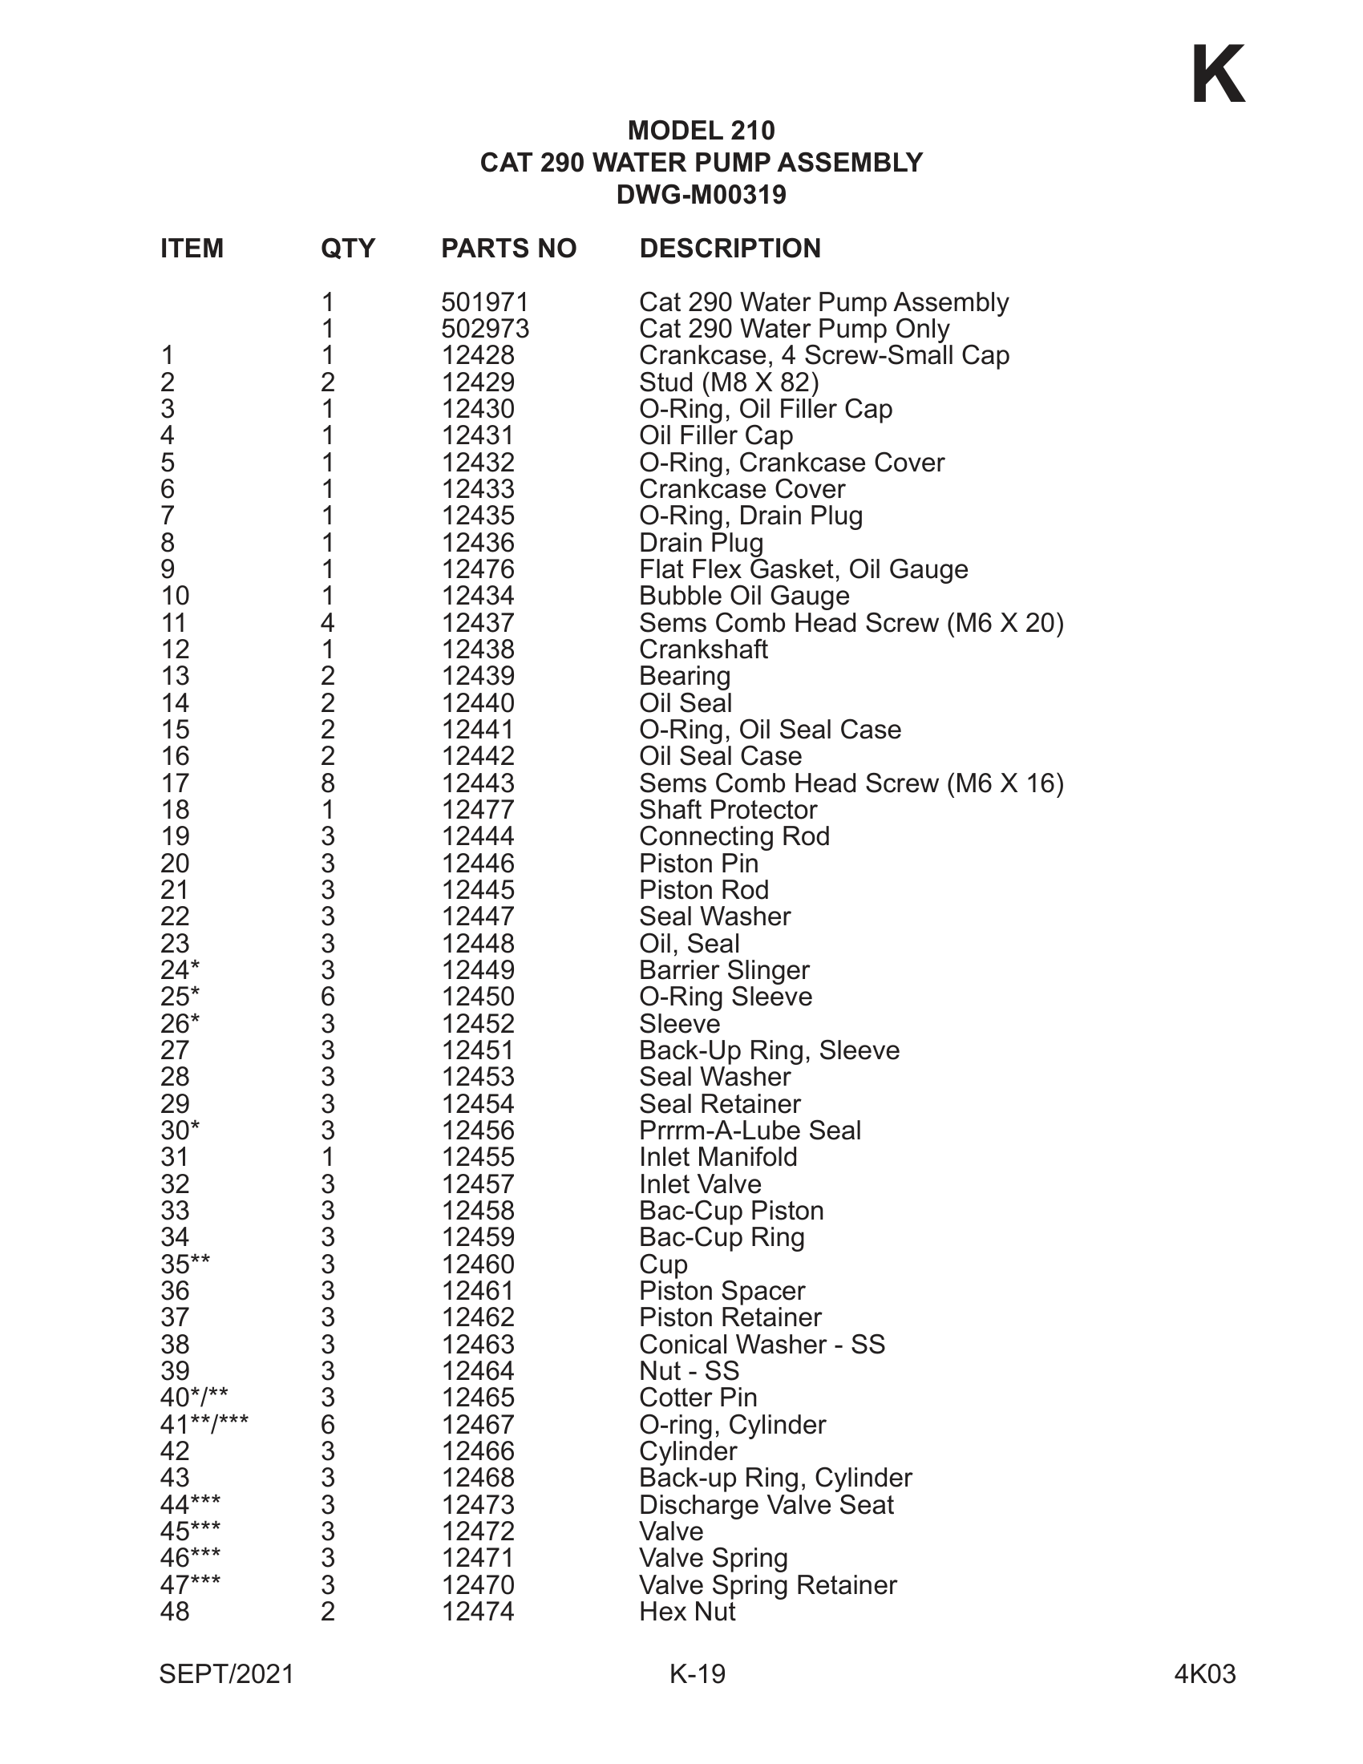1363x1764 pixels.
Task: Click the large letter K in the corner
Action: pos(1218,76)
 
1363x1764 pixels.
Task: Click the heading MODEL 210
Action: pos(701,131)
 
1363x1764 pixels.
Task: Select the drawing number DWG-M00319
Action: pos(701,196)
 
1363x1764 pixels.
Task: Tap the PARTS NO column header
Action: pos(508,249)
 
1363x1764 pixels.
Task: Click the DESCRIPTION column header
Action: pos(730,249)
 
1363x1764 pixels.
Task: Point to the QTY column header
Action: pos(348,249)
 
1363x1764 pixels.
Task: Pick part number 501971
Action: pos(484,303)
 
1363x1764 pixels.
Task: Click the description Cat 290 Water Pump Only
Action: pos(794,330)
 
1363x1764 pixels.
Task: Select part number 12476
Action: pos(478,569)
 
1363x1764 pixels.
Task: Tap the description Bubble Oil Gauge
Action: pos(744,596)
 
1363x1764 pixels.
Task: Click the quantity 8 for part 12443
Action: pos(328,783)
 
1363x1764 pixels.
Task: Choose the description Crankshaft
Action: pos(703,649)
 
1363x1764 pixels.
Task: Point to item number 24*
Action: pos(180,970)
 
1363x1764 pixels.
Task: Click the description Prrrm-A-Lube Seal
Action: pos(750,1131)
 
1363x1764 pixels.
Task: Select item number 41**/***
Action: pos(204,1425)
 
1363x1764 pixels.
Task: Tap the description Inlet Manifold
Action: pos(718,1157)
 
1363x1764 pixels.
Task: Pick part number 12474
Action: pos(478,1612)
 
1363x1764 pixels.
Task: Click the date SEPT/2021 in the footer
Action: pos(226,1674)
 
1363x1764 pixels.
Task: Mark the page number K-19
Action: pos(698,1674)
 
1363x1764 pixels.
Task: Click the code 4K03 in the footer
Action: pos(1205,1674)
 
